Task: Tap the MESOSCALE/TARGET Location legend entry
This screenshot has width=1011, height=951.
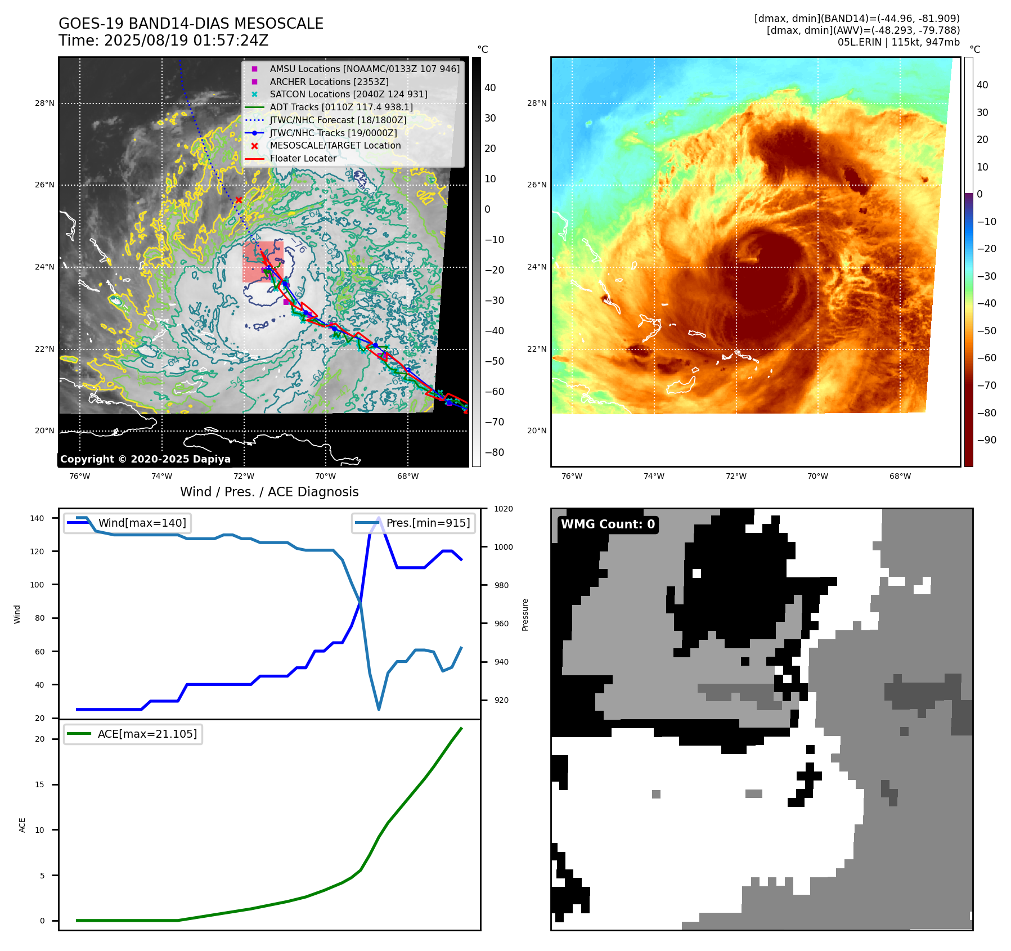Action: (335, 145)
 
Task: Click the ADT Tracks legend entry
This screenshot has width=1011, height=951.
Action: (341, 107)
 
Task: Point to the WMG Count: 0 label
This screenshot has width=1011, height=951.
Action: (608, 524)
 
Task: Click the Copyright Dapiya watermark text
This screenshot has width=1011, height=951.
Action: (145, 459)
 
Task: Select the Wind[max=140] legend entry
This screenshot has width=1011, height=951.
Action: (142, 523)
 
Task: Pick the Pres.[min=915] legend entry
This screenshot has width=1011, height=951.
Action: (428, 523)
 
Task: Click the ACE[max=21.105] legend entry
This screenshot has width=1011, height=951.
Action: (147, 734)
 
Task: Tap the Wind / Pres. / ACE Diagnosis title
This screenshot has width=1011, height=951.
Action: (269, 492)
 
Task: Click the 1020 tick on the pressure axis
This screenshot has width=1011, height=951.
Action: (504, 509)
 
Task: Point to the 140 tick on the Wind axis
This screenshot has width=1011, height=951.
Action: (37, 518)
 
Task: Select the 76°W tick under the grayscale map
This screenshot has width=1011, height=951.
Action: (79, 477)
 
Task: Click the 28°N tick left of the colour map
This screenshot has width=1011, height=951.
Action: (537, 103)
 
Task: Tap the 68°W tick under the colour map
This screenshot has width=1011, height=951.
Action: (900, 477)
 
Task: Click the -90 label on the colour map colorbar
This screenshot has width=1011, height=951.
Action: (986, 440)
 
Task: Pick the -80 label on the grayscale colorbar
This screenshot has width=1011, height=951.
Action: (494, 452)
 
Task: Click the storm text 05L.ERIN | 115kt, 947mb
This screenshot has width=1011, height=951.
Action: (898, 42)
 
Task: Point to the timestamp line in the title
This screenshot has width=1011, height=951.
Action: (163, 41)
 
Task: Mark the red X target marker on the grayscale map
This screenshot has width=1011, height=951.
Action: (239, 200)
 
